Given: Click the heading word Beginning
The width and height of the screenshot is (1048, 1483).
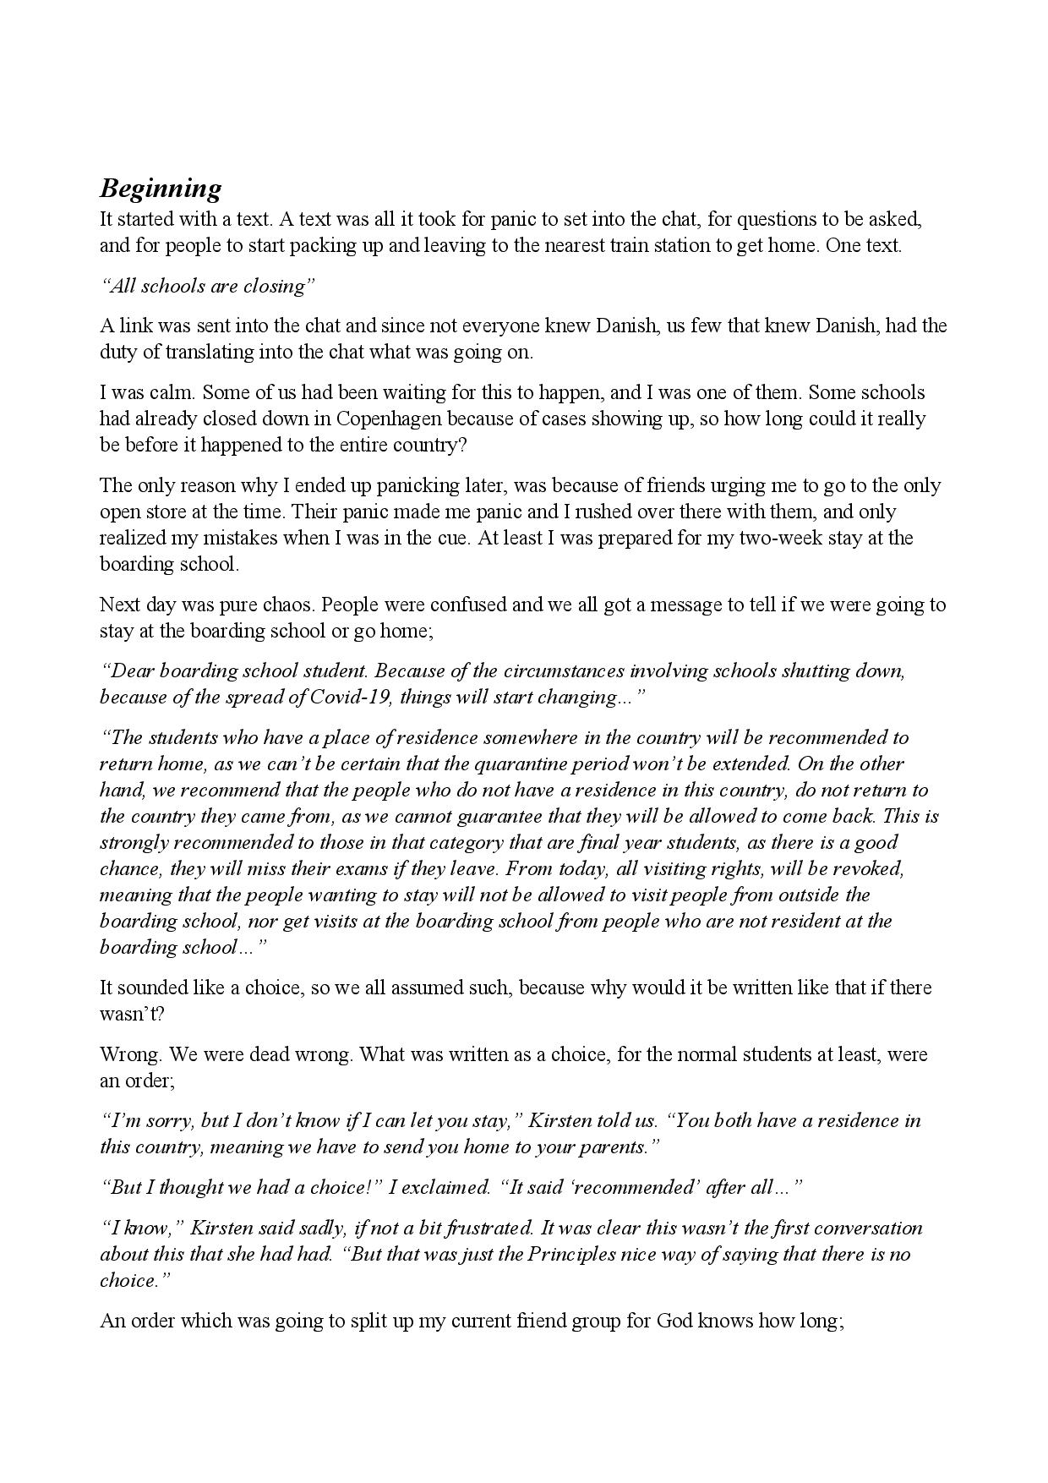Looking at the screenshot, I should pos(161,188).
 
